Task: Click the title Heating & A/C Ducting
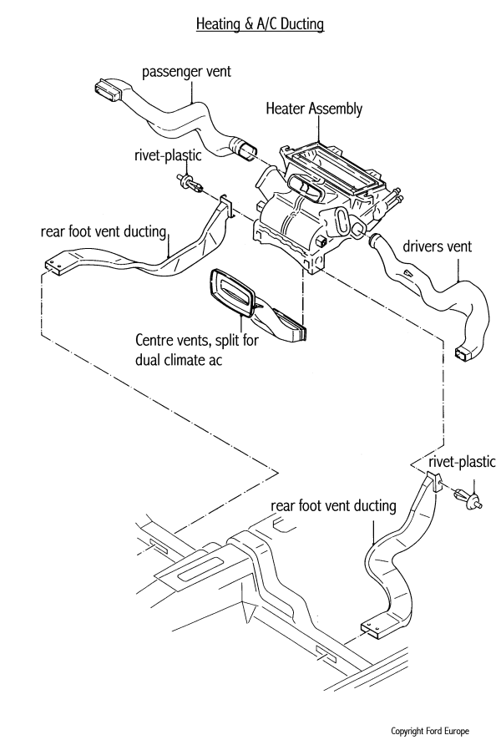coord(259,25)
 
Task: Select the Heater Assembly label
coord(313,109)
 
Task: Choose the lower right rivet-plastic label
coord(461,462)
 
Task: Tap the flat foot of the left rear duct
coord(56,267)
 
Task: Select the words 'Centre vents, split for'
coord(190,341)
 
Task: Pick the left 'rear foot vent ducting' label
coord(104,231)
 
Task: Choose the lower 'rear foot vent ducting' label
coord(333,506)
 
